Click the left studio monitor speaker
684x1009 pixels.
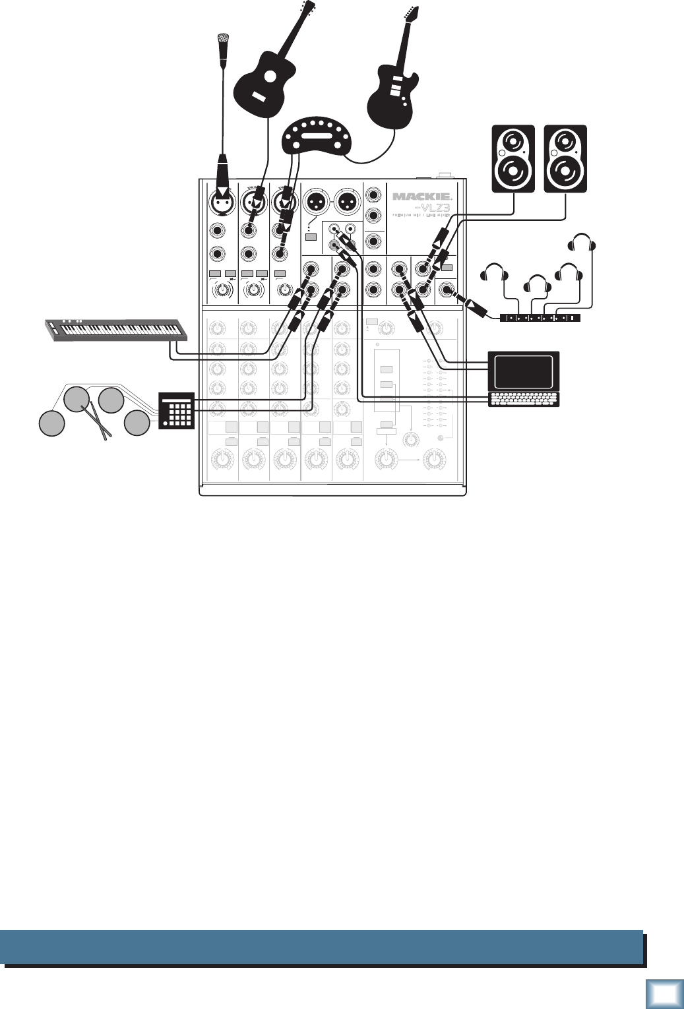click(513, 158)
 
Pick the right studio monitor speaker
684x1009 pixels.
click(565, 158)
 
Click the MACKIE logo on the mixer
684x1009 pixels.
click(421, 197)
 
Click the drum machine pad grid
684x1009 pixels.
click(176, 410)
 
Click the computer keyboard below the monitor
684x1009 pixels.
click(523, 399)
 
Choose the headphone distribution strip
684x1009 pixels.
click(540, 318)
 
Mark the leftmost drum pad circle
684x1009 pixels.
click(51, 423)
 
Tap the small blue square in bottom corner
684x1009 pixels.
click(665, 993)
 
